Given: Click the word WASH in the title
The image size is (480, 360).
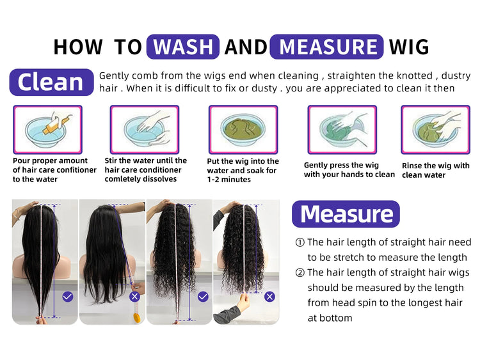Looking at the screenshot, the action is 183,47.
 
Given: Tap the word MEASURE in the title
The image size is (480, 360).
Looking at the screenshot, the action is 328,47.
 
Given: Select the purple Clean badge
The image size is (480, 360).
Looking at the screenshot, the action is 51,82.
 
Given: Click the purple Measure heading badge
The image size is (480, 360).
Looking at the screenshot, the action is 346,214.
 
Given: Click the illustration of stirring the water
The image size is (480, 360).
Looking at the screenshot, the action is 145,129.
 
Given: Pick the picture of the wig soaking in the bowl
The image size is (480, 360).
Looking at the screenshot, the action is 243,129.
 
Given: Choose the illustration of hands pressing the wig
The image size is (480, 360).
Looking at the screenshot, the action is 342,129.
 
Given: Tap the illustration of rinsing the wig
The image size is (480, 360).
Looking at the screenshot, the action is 436,129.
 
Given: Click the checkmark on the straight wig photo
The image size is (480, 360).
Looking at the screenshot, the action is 68,297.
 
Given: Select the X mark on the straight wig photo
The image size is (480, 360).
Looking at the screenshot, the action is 134,297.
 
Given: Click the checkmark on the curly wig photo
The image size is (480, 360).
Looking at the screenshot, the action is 203,297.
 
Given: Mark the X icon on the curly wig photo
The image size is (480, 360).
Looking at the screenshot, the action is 269,297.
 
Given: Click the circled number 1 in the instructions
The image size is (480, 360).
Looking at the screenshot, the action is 300,242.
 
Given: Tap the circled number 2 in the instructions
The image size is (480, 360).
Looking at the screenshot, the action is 300,272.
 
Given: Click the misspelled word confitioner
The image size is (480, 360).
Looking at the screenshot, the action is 76,169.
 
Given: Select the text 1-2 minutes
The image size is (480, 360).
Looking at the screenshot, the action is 229,180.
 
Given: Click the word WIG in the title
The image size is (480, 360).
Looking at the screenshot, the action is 409,47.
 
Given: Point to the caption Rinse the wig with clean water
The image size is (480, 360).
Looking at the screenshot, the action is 436,170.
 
